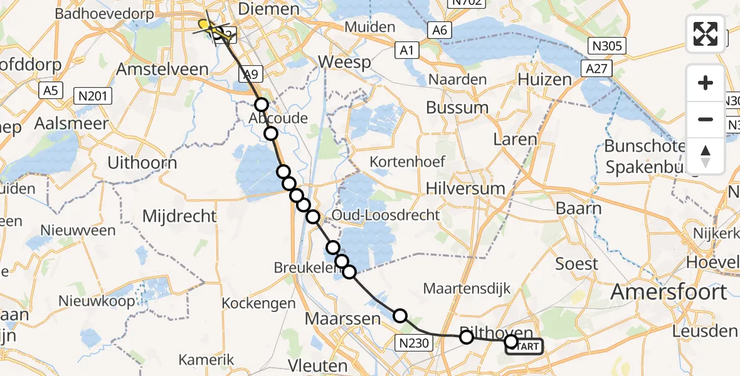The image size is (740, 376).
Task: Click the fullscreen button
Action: coord(706,33)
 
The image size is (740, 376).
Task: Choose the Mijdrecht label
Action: coord(179,217)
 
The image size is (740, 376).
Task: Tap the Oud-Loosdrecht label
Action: coord(386,215)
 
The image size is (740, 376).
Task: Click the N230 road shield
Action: coord(413,342)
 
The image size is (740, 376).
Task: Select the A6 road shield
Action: coord(438,30)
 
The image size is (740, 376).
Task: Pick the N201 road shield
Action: coord(93,97)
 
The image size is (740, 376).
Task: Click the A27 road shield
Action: coord(597,68)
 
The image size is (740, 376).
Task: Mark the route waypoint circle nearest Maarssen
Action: coord(400,316)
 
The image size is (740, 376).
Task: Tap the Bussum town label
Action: coord(457,107)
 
